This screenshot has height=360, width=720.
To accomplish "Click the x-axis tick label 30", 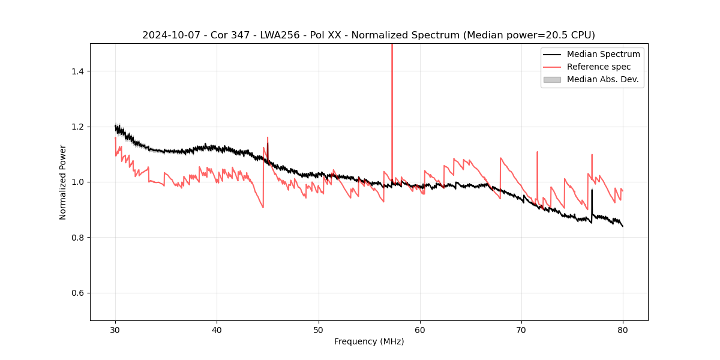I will pyautogui.click(x=115, y=330).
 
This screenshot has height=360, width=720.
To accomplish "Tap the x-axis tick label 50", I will pyautogui.click(x=319, y=330).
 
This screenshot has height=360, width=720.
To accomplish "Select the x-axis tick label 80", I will pyautogui.click(x=623, y=330).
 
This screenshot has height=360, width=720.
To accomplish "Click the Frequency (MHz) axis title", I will pyautogui.click(x=369, y=341).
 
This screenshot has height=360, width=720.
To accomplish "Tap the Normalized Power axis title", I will pyautogui.click(x=63, y=182).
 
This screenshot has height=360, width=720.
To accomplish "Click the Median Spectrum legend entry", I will pyautogui.click(x=603, y=54).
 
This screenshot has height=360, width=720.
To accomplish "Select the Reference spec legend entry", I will pyautogui.click(x=598, y=67).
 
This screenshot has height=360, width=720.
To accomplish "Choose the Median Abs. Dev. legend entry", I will pyautogui.click(x=602, y=79).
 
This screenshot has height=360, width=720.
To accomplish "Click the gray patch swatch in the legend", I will pyautogui.click(x=552, y=79).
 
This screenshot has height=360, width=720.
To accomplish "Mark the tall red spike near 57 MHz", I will pyautogui.click(x=392, y=90).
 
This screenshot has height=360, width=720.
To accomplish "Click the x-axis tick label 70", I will pyautogui.click(x=521, y=330).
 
